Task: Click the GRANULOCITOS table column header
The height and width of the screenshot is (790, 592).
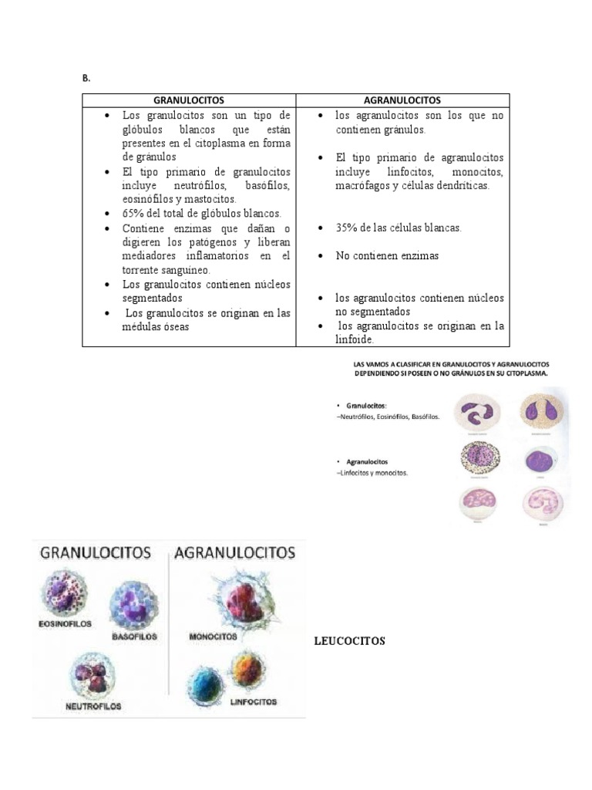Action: (189, 100)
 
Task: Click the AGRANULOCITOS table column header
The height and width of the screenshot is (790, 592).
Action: (402, 100)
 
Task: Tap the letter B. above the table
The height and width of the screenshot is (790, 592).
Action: (86, 79)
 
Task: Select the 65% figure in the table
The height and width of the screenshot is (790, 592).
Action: (135, 214)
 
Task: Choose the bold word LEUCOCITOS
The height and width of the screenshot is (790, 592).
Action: (349, 641)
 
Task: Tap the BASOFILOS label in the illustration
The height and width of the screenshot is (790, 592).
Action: (134, 637)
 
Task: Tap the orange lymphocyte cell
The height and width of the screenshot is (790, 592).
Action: (247, 667)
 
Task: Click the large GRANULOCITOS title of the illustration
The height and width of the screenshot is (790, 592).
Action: (95, 553)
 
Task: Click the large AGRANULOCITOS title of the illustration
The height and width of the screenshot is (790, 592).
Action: (235, 553)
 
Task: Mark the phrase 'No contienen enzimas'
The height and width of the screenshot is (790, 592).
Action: (387, 255)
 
